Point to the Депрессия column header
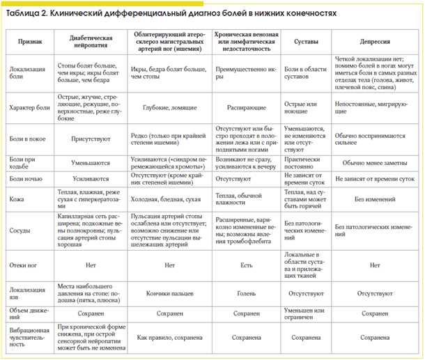pyautogui.click(x=375, y=42)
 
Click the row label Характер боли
pyautogui.click(x=29, y=109)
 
